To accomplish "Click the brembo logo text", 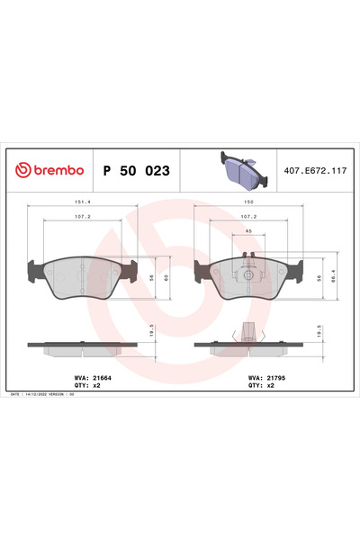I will click(x=51, y=169).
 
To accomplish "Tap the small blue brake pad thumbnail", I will click(x=238, y=168).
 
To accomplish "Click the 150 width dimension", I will click(x=247, y=203).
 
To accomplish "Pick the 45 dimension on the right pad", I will click(x=247, y=230).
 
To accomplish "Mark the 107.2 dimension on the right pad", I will click(x=247, y=217).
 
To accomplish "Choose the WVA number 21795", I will click(x=259, y=378).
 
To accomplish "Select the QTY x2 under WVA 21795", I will click(x=253, y=385).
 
